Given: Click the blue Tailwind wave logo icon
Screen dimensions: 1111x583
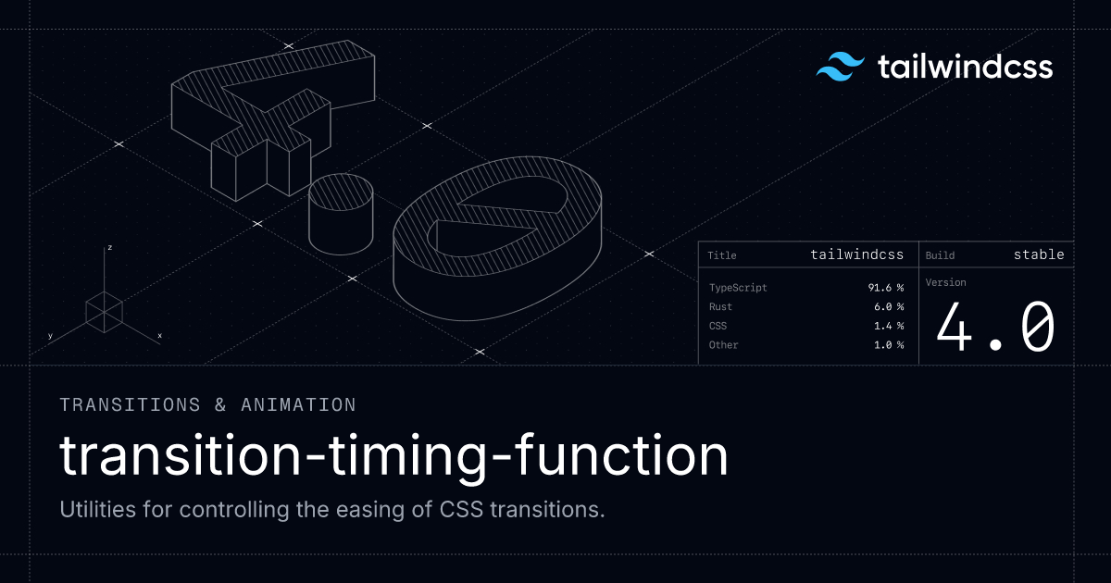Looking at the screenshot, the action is point(841,67).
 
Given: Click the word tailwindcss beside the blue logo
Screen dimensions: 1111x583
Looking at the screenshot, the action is point(965,67).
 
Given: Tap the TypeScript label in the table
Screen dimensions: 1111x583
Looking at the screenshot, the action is point(738,288).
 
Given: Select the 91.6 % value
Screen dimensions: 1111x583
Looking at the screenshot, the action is point(886,288).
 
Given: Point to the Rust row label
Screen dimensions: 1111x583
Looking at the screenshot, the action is point(720,306).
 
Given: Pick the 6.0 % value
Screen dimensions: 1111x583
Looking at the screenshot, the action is point(889,306).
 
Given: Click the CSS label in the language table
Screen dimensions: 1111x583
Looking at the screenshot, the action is point(718,326).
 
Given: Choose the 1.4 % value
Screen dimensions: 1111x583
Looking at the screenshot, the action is point(889,326).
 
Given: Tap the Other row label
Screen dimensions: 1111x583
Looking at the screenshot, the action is point(724,344).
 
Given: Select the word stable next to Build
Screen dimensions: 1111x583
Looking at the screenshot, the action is point(1039,254).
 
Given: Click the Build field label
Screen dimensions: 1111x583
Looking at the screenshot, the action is point(940,255).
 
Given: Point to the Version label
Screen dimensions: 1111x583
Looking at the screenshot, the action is point(946,282).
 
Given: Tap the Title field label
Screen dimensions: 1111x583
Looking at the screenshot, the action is point(721,255).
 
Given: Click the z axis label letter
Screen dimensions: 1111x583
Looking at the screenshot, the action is point(109,247).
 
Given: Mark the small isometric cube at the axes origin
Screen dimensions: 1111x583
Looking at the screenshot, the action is point(104,313).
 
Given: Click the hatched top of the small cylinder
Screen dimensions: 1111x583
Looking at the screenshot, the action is point(341,192).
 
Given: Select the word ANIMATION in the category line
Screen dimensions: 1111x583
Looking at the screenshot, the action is point(298,405).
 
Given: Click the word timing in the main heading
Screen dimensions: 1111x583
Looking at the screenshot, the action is point(407,456).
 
